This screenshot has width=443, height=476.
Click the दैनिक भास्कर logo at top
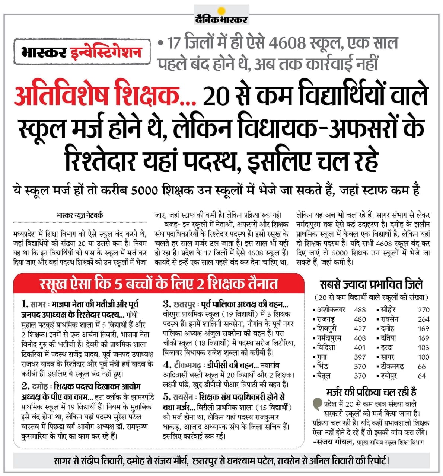[221, 18]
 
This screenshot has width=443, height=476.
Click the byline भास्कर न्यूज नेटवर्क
[80, 215]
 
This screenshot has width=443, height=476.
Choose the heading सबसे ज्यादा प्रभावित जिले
[372, 284]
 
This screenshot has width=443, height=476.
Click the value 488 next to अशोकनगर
[360, 309]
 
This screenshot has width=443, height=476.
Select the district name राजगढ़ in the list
[326, 319]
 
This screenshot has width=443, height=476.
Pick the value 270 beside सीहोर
[424, 309]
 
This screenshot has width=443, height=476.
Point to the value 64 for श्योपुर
[422, 376]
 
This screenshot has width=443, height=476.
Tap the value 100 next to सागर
[423, 357]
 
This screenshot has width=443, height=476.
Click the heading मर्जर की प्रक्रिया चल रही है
[371, 392]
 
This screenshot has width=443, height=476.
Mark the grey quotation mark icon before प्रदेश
[318, 403]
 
